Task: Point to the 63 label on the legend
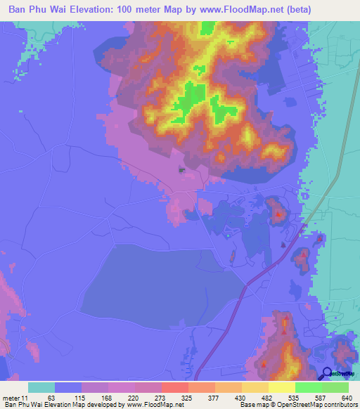(51, 398)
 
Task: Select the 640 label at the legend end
(344, 398)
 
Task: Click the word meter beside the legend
(11, 398)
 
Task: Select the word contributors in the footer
(340, 405)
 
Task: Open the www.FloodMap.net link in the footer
(151, 405)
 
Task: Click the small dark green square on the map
(181, 169)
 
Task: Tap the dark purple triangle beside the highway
(283, 245)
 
